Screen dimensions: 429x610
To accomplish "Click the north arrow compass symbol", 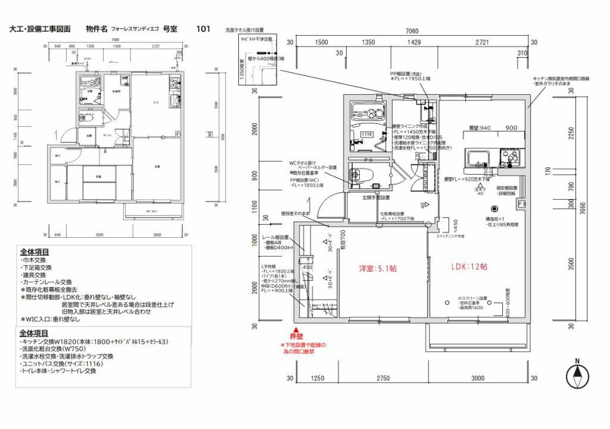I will pyautogui.click(x=576, y=375).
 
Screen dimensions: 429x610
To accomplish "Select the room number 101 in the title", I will pyautogui.click(x=203, y=28).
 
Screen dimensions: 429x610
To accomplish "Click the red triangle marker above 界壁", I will pyautogui.click(x=293, y=329).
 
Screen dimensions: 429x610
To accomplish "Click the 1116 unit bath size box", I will pyautogui.click(x=367, y=135).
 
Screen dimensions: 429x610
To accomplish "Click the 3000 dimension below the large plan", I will pyautogui.click(x=478, y=378).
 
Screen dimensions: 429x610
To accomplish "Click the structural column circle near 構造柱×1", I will pyautogui.click(x=494, y=209).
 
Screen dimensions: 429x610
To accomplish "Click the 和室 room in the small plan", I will pyautogui.click(x=98, y=176).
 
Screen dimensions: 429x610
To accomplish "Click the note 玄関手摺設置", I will pyautogui.click(x=376, y=198).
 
